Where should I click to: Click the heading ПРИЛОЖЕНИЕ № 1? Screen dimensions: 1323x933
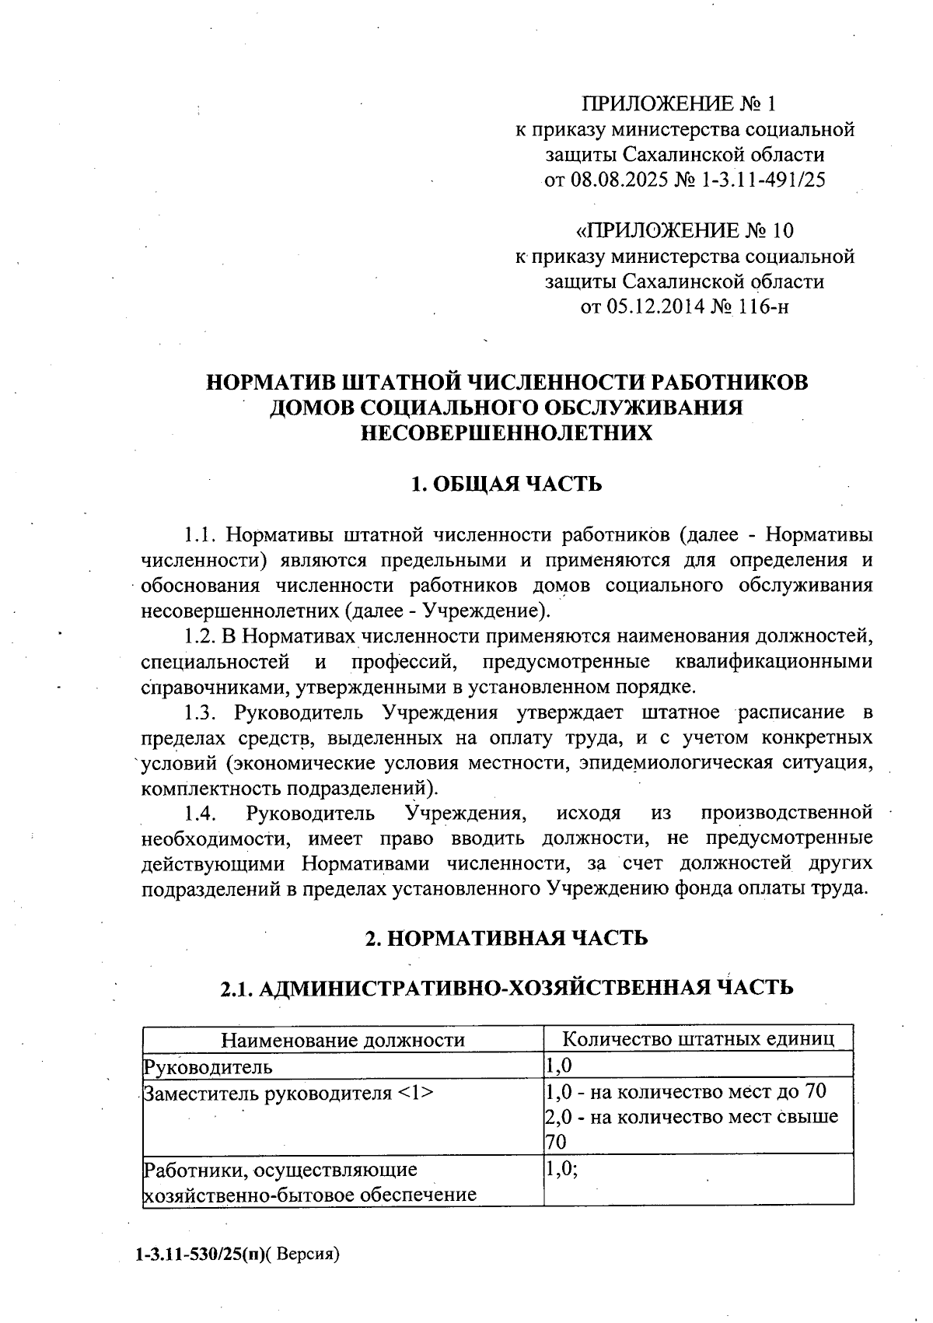click(679, 103)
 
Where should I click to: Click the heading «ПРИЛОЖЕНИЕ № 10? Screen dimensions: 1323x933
click(684, 231)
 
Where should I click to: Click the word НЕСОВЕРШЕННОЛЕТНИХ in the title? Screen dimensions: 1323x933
click(505, 433)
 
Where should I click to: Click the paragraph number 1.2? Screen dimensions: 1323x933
click(200, 636)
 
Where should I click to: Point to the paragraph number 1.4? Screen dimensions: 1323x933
click(200, 814)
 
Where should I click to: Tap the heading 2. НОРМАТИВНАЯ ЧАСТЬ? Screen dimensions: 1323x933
click(506, 938)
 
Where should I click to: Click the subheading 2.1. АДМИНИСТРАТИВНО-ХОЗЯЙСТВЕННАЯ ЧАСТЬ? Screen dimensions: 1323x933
click(506, 988)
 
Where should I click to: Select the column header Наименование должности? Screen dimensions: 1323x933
click(344, 1040)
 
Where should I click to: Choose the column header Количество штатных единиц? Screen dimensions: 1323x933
click(698, 1039)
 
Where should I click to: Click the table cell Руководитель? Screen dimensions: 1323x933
click(208, 1066)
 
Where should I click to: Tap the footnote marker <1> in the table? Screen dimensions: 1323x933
click(414, 1092)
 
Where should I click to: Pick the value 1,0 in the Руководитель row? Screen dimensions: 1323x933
click(558, 1066)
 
